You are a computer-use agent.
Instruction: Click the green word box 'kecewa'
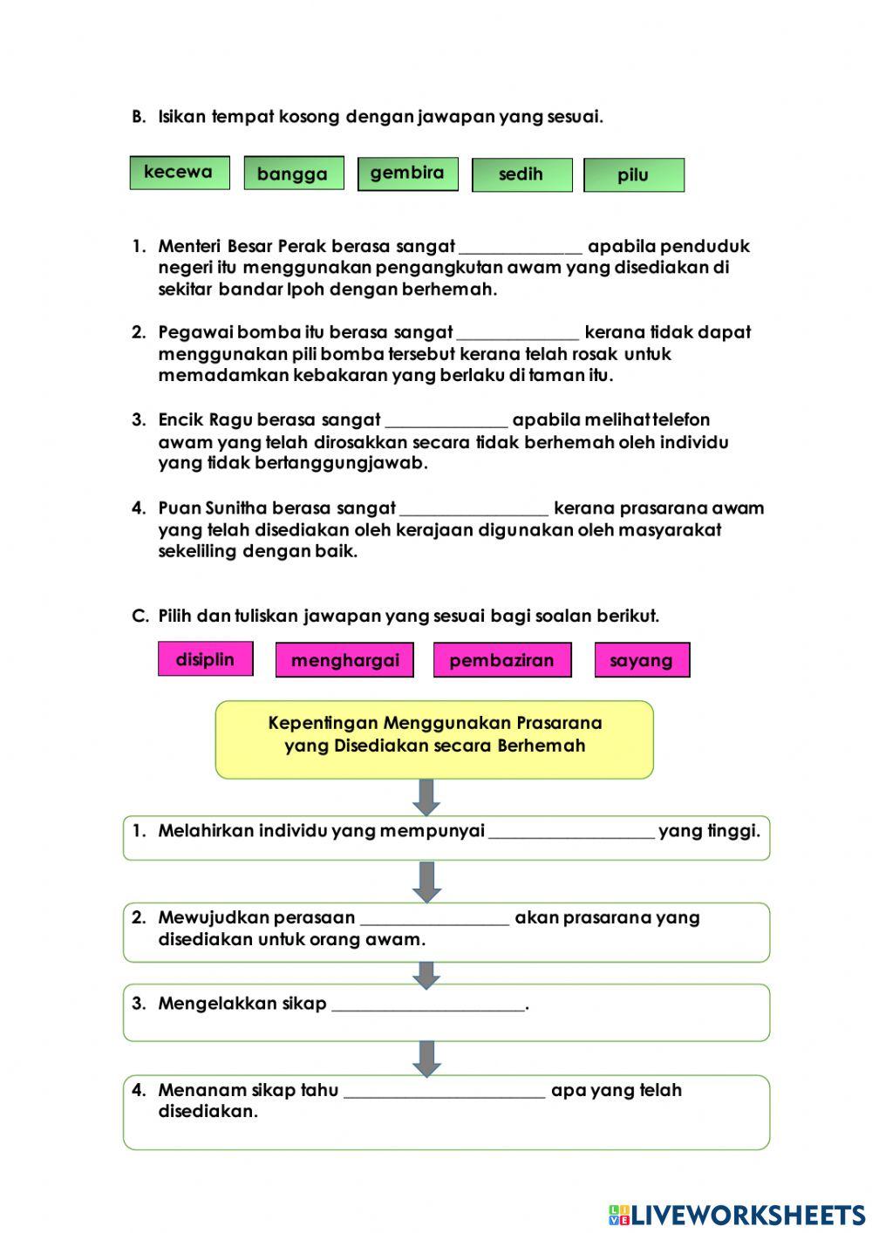180,173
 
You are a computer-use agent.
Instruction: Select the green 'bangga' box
293,174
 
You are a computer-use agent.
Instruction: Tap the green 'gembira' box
407,174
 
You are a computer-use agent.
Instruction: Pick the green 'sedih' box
521,174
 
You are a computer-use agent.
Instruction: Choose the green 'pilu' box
633,175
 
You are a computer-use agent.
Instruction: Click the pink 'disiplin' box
205,659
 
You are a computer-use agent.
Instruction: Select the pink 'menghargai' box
344,660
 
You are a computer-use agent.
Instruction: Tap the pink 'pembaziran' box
501,660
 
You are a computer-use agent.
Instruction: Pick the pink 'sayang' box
641,660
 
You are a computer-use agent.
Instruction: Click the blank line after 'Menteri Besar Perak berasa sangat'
521,247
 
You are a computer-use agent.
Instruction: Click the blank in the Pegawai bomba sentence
517,333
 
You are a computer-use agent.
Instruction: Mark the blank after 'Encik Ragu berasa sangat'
446,420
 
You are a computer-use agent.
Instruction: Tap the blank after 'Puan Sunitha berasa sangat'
473,508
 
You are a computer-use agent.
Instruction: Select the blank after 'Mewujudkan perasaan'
434,918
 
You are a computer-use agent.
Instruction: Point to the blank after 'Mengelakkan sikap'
428,1005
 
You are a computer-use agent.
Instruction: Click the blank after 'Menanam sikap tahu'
445,1091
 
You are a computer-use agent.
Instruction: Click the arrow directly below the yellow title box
426,797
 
